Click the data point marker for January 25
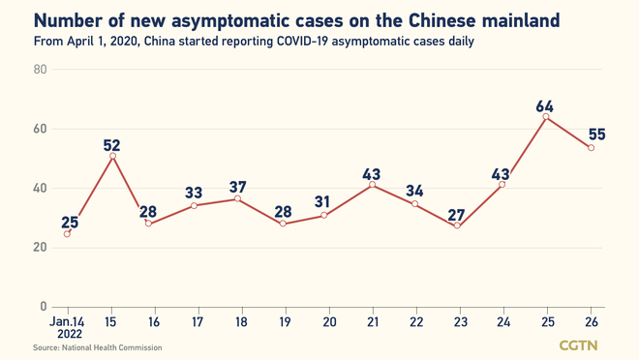coord(546,117)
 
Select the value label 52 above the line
coord(111,146)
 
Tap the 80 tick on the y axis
coord(40,70)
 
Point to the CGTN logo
coord(578,345)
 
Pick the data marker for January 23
coord(457,225)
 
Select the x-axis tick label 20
coord(328,321)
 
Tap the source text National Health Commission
coord(98,347)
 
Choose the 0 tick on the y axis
coord(44,307)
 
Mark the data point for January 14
coord(67,233)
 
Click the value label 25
coord(70,223)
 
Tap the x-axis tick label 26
coord(591,321)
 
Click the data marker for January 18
coord(239,199)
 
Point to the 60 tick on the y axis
coord(40,129)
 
